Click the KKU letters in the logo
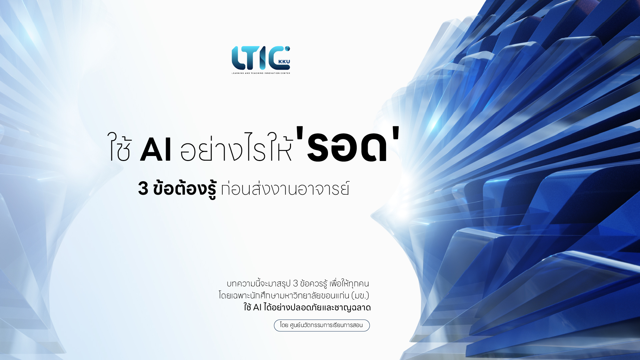(284, 62)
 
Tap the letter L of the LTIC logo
(238, 58)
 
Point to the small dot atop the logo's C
(287, 49)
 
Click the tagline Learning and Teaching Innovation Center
(261, 73)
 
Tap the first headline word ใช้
(119, 147)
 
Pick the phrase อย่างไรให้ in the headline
(236, 147)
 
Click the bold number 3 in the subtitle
(143, 188)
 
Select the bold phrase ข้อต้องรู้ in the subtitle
(185, 189)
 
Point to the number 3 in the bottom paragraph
(295, 284)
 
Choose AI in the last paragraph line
(257, 308)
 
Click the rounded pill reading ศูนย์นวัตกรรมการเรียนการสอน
(322, 325)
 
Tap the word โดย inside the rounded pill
(284, 325)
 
